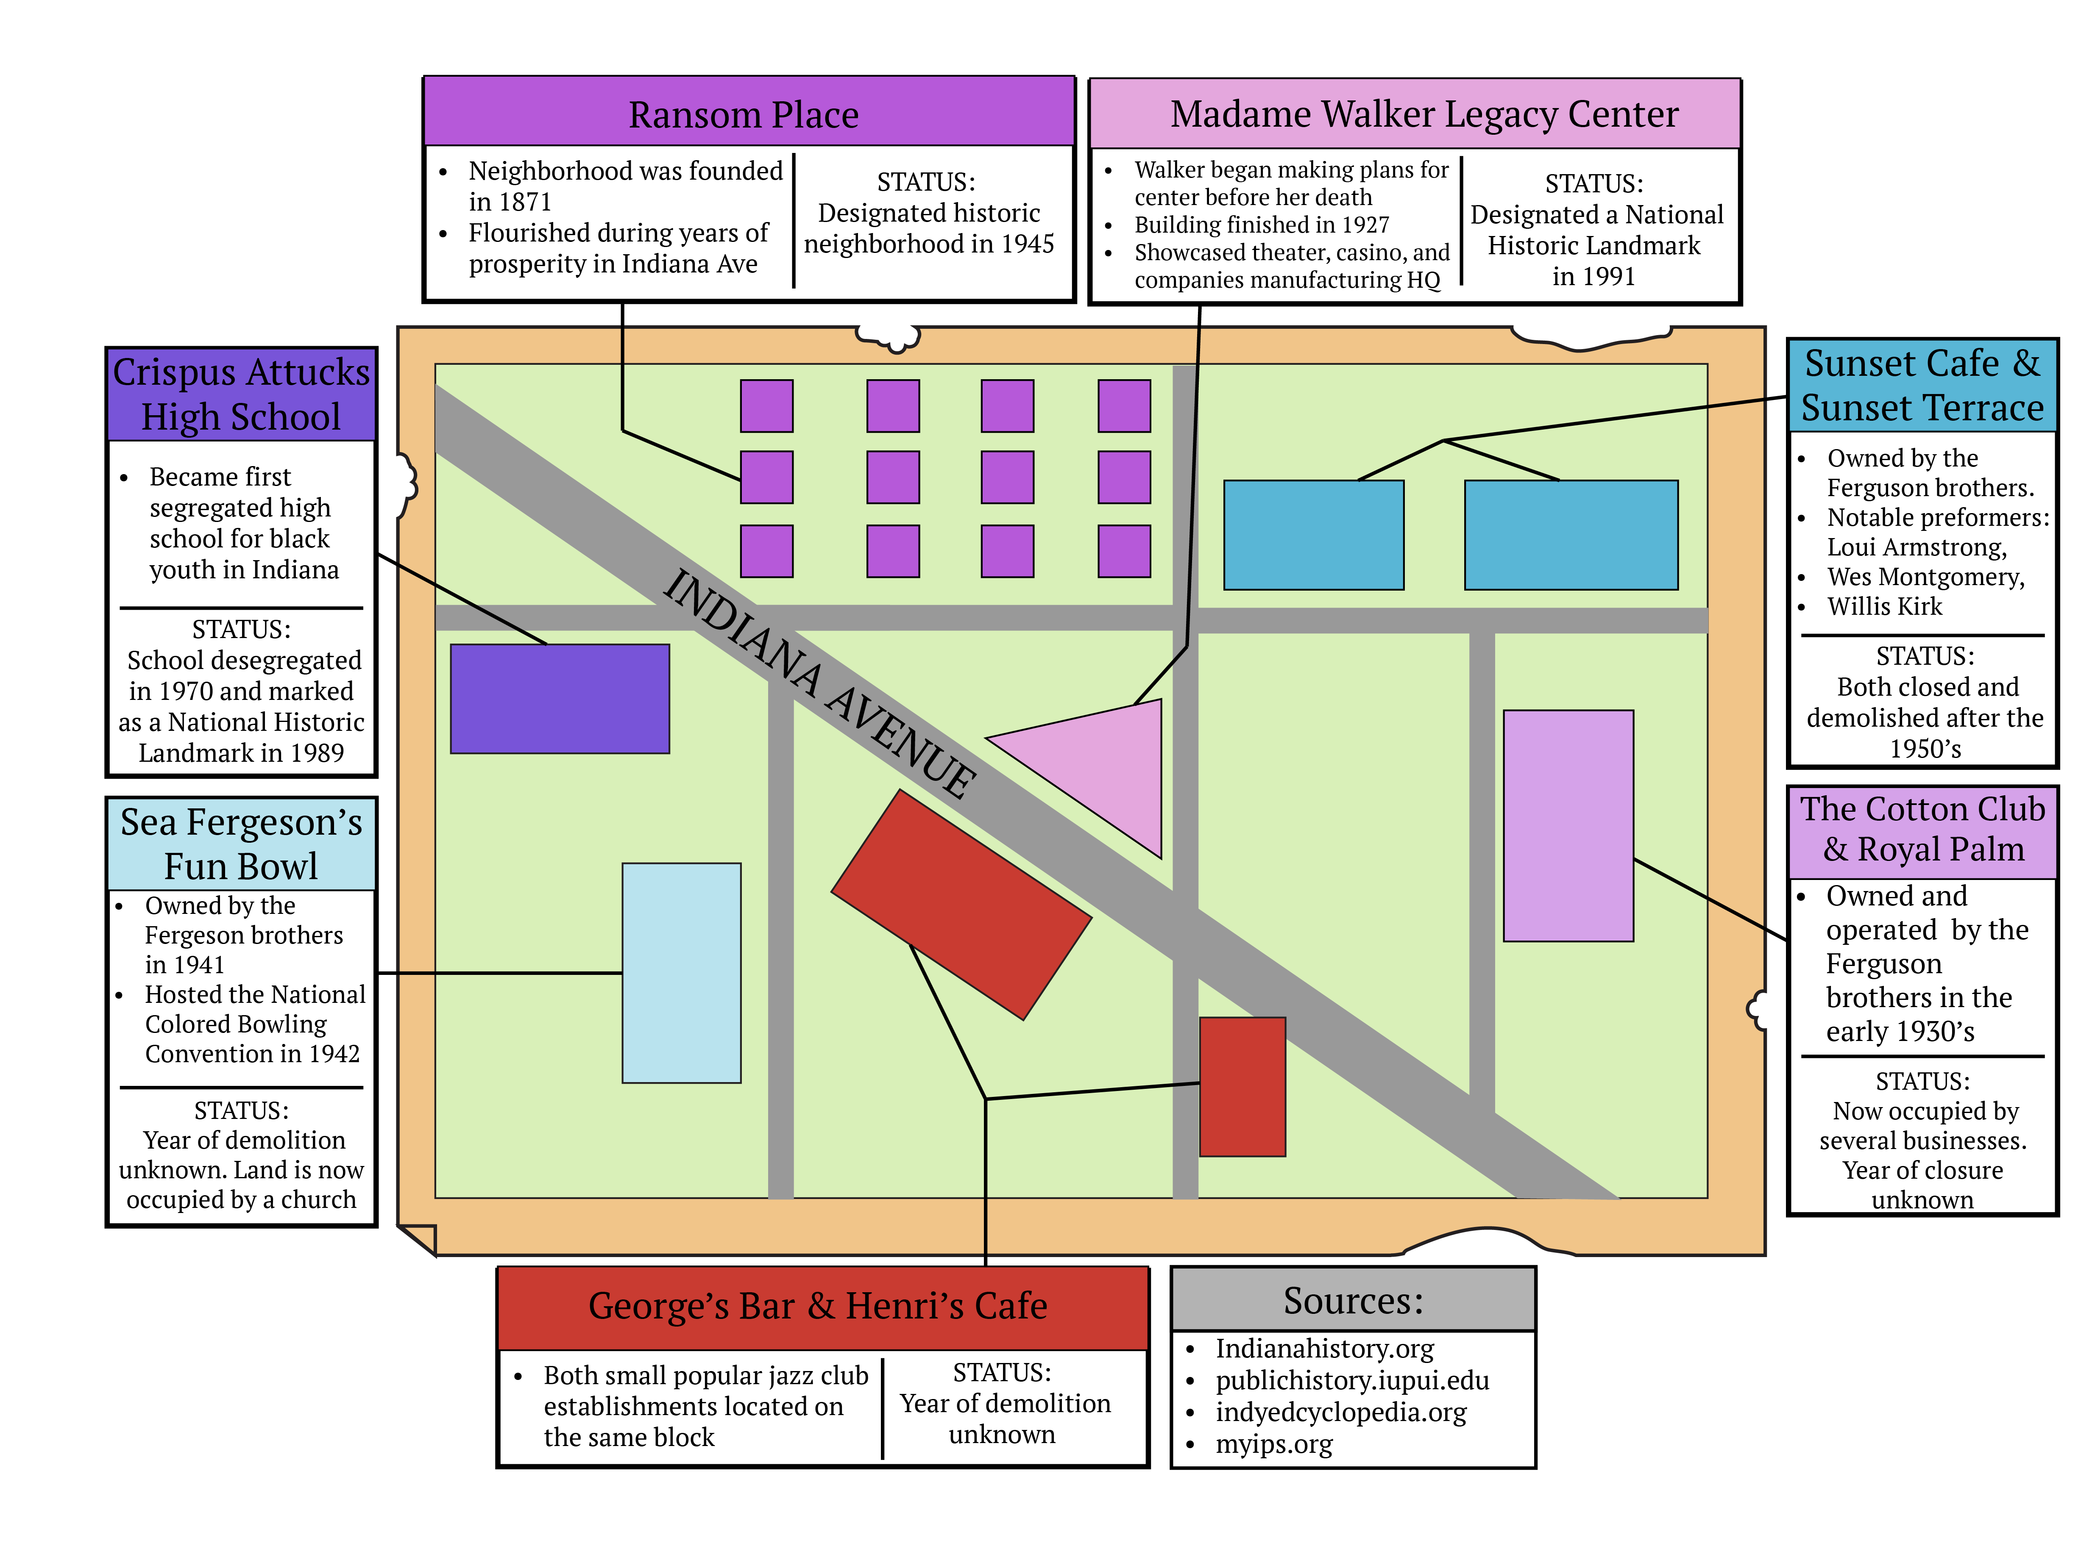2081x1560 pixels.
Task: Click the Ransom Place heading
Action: pos(743,115)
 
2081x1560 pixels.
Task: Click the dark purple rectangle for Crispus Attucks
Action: pos(560,699)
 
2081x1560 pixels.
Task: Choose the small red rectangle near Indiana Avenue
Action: pos(1242,1086)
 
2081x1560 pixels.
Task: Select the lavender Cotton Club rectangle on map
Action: pos(1567,826)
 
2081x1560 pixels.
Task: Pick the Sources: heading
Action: pos(1353,1300)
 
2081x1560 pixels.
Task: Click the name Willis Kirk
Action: pos(1884,607)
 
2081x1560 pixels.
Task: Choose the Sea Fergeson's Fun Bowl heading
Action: pos(241,844)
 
